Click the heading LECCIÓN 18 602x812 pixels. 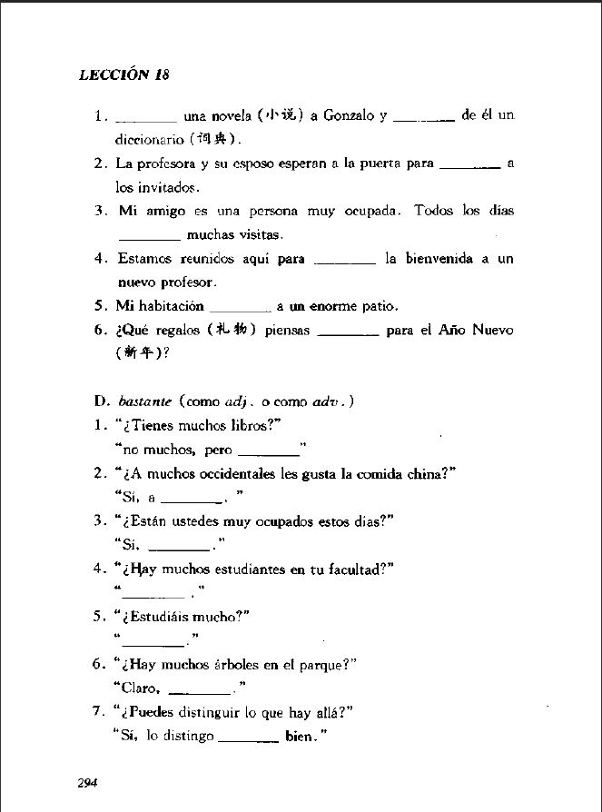(x=123, y=74)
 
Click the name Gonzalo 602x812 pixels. (x=350, y=116)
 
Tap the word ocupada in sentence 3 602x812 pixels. (x=370, y=211)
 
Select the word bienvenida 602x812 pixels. (x=441, y=259)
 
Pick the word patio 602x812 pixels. (x=380, y=306)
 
